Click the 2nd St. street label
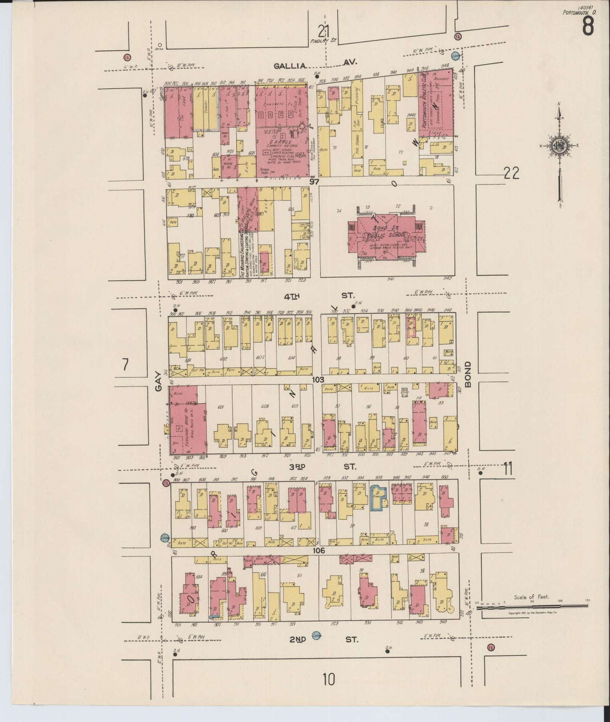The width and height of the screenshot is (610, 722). coord(324,639)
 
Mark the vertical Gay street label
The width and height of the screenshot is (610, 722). coord(158,381)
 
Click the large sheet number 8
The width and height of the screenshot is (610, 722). coord(588,26)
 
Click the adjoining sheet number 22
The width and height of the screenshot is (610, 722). coord(511,173)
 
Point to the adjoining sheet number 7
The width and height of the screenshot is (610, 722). coord(125,364)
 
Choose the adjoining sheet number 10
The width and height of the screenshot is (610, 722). coord(328,680)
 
